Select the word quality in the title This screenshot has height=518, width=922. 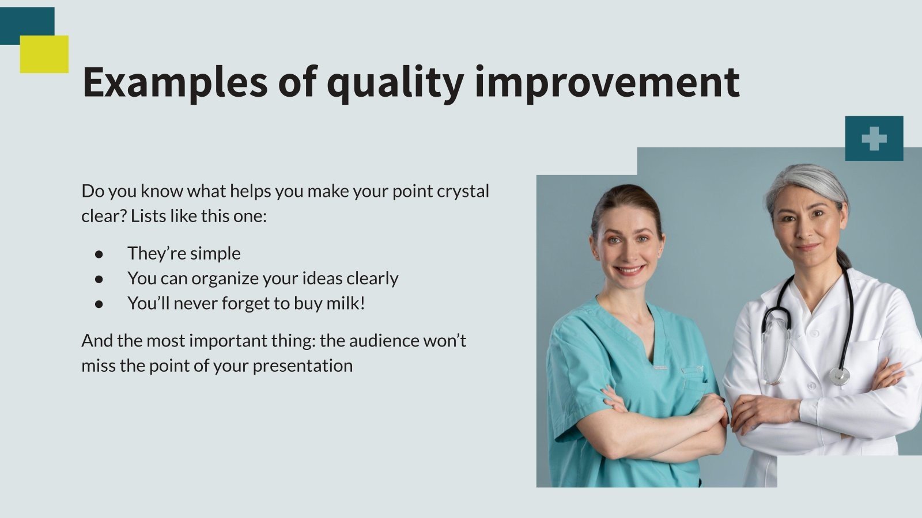coord(395,82)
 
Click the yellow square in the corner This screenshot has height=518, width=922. coord(44,55)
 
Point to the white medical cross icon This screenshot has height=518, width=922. coord(874,139)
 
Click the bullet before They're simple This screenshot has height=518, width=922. coord(99,253)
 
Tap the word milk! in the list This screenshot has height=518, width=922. coord(345,303)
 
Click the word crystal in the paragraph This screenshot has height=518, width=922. coord(463,191)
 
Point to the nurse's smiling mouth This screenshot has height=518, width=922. coord(629,269)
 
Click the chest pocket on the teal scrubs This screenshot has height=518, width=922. coord(694,380)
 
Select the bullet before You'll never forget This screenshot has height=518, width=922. coord(99,303)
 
